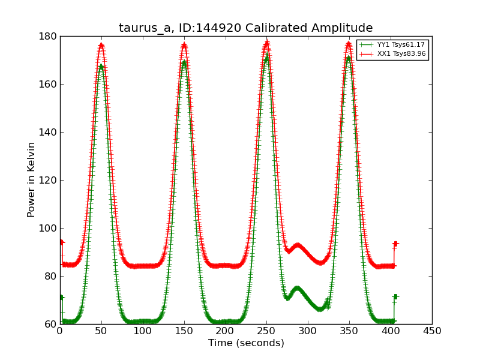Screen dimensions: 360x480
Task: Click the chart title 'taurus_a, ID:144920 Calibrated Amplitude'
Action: (x=245, y=28)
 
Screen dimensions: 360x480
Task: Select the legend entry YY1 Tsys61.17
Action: (x=392, y=45)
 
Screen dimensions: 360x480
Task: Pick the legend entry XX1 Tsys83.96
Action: (x=392, y=54)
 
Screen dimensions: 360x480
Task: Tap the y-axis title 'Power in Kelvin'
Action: (x=31, y=179)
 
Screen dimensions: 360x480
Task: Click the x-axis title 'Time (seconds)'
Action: (x=246, y=343)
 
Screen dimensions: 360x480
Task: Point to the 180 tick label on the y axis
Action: (x=49, y=36)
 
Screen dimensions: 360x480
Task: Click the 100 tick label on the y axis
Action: (x=49, y=228)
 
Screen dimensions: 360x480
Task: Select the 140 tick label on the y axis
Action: (x=49, y=132)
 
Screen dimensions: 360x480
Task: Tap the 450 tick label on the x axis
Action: (x=431, y=331)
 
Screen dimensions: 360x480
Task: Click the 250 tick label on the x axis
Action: (x=266, y=331)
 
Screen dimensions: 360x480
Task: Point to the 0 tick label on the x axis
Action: (x=60, y=331)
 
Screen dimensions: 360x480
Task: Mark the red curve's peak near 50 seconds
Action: (x=101, y=44)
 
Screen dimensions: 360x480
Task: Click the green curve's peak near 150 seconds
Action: (x=184, y=62)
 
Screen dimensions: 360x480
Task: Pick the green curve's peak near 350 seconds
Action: (x=349, y=58)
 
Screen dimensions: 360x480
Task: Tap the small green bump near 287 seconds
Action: (x=297, y=289)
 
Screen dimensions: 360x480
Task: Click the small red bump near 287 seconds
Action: (x=297, y=245)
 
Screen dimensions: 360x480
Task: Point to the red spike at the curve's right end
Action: (x=395, y=244)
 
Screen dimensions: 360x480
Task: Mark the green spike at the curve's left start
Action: (x=61, y=297)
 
